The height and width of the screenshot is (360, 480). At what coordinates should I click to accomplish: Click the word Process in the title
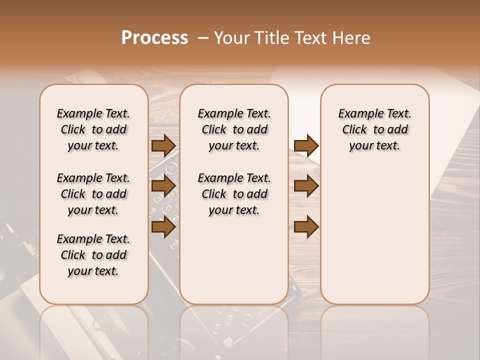click(x=154, y=38)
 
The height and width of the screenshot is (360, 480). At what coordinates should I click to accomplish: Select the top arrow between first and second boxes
click(x=163, y=145)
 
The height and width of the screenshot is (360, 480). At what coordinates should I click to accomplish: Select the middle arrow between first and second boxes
click(x=163, y=186)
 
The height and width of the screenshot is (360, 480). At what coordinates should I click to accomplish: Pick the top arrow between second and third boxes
click(x=306, y=145)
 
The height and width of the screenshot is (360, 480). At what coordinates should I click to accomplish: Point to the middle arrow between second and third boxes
click(x=306, y=186)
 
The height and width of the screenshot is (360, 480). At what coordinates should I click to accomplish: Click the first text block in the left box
click(x=93, y=129)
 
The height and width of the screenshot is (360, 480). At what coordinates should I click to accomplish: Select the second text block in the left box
click(x=93, y=194)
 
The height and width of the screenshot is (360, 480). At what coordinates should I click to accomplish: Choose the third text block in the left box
click(x=93, y=255)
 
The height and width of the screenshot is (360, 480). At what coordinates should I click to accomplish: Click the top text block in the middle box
click(x=234, y=129)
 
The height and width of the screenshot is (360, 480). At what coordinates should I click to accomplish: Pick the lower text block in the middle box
click(x=234, y=194)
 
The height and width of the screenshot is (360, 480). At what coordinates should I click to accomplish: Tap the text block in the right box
click(x=374, y=129)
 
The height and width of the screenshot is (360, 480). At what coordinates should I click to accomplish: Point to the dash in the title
click(x=202, y=38)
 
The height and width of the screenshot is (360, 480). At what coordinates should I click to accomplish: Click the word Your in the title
click(x=229, y=38)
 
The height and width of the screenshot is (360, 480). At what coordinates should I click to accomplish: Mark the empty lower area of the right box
click(x=374, y=230)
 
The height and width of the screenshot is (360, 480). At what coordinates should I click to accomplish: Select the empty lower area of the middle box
click(x=234, y=260)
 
